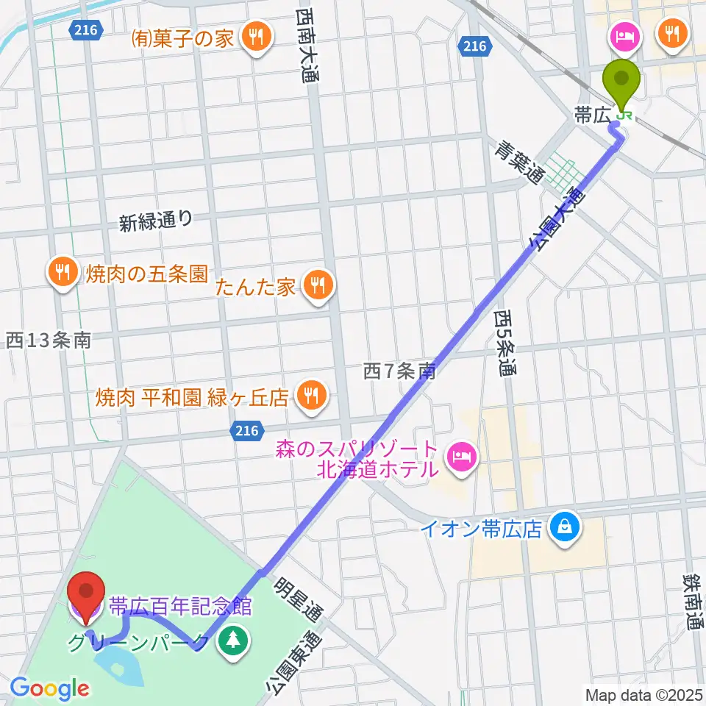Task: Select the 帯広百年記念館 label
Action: [180, 607]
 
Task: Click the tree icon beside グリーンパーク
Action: [233, 638]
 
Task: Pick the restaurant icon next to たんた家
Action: [317, 282]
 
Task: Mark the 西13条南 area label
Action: [49, 340]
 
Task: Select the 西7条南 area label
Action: [400, 371]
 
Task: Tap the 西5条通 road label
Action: [505, 343]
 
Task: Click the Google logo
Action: [50, 689]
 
